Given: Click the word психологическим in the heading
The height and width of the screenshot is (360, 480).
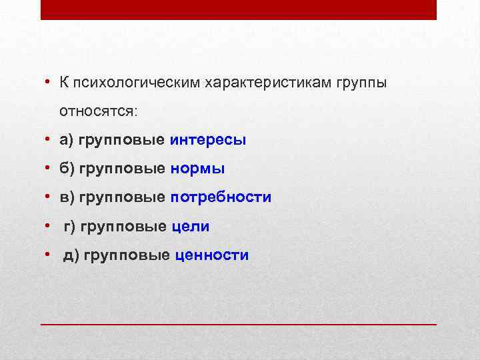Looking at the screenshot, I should click(137, 82).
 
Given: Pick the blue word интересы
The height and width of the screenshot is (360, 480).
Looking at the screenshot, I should click(208, 140).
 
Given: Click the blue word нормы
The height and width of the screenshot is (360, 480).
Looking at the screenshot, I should click(197, 169).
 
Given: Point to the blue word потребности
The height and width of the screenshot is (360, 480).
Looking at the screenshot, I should click(221, 197).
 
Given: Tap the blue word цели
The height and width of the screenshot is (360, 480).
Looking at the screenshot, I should click(191, 227).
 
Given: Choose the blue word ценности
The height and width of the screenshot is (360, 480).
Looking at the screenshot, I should click(211, 255).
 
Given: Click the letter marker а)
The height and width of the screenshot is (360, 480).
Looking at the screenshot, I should click(67, 140).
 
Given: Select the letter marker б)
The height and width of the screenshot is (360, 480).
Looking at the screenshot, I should click(67, 169).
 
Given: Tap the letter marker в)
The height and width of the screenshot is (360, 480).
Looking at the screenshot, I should click(67, 197).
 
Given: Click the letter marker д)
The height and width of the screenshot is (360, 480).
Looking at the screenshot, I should click(71, 255).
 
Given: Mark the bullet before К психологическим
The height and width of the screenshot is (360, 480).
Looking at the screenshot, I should click(49, 82).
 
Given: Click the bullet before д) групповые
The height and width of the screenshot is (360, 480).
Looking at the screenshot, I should click(49, 255).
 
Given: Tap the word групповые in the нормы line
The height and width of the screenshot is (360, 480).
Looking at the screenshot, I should click(122, 169).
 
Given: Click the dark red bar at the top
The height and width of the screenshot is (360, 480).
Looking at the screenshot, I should click(239, 10).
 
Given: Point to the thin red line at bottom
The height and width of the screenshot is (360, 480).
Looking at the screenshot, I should click(239, 323).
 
